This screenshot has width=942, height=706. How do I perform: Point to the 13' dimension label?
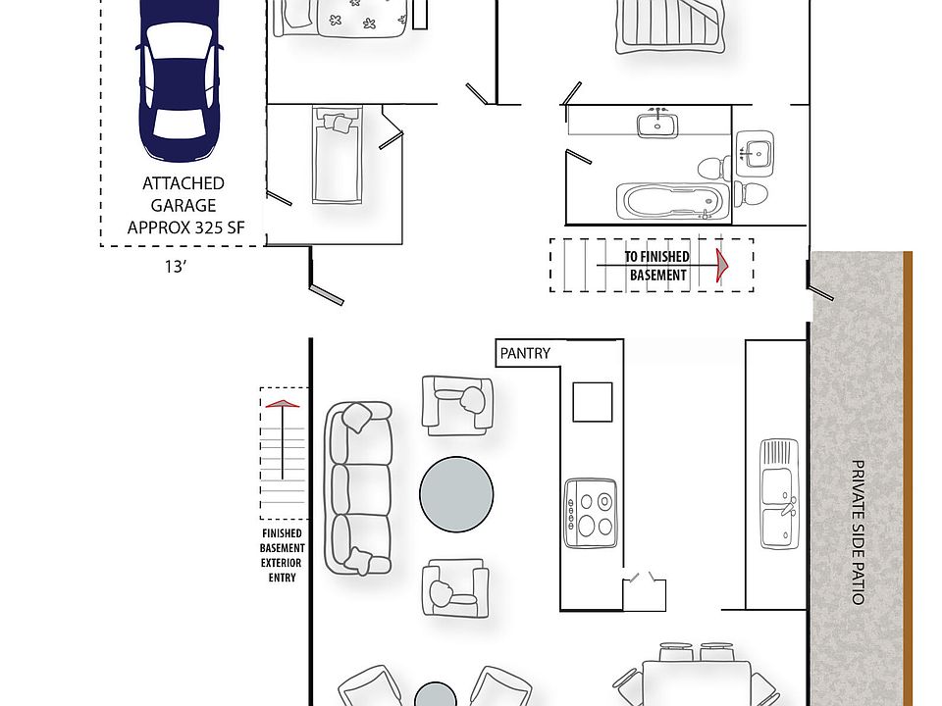[x=176, y=267]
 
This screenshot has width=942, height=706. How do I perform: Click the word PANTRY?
[x=525, y=353]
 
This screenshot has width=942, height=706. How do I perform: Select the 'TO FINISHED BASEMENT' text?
[x=657, y=266]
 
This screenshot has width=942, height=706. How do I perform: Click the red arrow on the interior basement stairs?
[x=723, y=265]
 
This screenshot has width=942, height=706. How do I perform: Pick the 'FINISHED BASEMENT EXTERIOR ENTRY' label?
[x=282, y=556]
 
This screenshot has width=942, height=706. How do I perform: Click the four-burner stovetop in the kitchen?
[x=591, y=512]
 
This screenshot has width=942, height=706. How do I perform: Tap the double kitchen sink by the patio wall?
[x=779, y=494]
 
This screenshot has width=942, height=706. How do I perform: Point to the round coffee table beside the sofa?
[x=457, y=494]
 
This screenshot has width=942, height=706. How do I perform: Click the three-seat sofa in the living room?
[x=357, y=488]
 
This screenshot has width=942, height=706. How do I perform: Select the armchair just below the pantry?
[x=457, y=403]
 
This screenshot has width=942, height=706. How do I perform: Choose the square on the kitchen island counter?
[x=593, y=400]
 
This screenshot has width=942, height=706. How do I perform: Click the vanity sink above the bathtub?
[x=654, y=125]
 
